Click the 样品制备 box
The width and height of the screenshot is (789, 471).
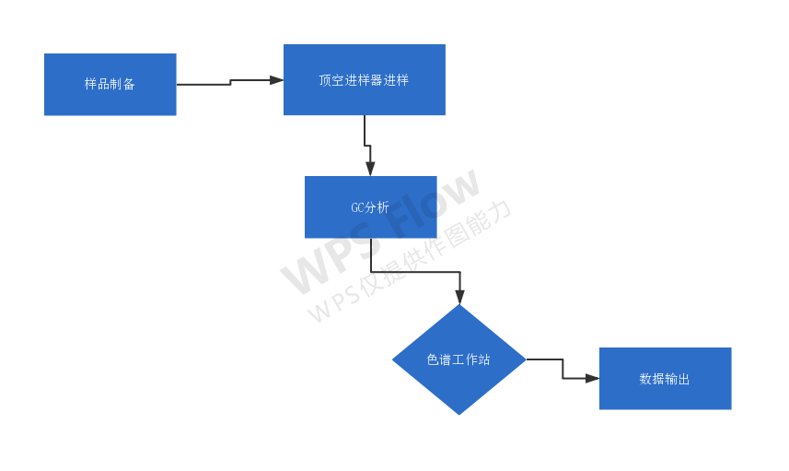[110, 84]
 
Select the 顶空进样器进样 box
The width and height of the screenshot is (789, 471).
[364, 79]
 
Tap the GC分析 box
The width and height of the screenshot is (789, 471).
[370, 206]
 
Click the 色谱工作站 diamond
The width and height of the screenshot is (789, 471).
[458, 359]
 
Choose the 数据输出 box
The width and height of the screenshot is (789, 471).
[665, 378]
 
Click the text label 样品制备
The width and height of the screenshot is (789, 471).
[110, 84]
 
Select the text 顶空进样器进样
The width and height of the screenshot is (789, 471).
[364, 80]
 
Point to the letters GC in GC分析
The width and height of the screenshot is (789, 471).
[357, 207]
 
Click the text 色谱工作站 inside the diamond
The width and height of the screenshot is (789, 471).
[458, 359]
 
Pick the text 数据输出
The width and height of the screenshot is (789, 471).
[665, 379]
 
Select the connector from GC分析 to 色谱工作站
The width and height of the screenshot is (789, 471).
[414, 272]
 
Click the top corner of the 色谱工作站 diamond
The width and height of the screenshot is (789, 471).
[459, 307]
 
